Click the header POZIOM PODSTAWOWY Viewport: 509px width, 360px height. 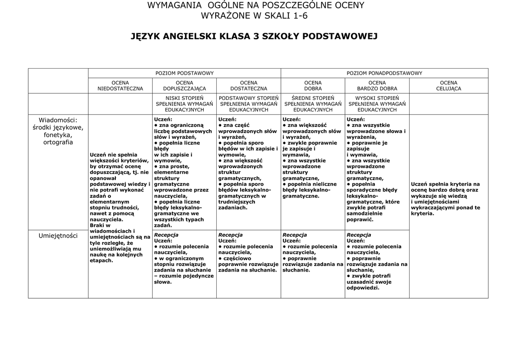click(184, 73)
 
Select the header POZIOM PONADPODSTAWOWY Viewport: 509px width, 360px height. click(384, 73)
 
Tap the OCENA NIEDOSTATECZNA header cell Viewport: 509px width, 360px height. click(120, 86)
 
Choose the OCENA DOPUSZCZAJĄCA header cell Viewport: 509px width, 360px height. click(184, 86)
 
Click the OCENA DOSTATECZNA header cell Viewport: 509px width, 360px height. click(249, 86)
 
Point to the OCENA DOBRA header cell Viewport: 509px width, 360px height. click(313, 86)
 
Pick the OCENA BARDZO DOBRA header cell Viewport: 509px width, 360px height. click(377, 86)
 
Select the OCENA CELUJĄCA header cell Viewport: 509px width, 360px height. click(448, 86)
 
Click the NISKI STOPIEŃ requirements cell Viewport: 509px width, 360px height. click(184, 104)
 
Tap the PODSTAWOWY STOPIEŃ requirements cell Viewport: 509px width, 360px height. click(249, 104)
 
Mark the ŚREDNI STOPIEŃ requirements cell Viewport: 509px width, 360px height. click(313, 104)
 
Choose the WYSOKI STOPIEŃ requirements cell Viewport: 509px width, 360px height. click(377, 104)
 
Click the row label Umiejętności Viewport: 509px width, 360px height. click(58, 236)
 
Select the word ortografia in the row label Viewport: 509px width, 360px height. click(58, 142)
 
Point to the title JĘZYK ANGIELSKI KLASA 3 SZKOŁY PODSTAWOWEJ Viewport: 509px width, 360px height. click(254, 36)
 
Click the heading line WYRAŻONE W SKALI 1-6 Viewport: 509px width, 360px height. click(254, 15)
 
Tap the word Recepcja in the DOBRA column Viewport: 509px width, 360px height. click(294, 235)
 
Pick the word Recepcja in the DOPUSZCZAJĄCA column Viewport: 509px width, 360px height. click(166, 235)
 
